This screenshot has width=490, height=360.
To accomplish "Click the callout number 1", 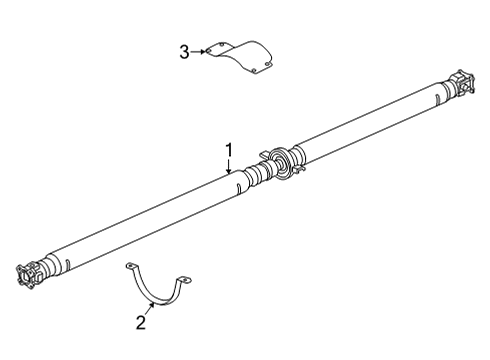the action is [x=229, y=151].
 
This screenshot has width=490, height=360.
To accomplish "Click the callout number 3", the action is [x=185, y=52].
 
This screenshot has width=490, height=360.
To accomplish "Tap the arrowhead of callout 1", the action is [x=229, y=173].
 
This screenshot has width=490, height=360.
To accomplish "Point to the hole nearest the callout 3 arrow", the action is [x=220, y=49].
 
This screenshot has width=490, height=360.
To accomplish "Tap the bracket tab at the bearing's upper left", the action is [x=265, y=153].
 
